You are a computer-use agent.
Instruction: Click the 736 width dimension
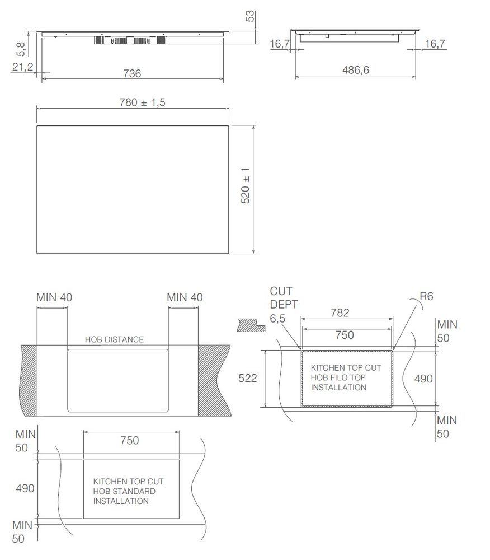[x=132, y=73]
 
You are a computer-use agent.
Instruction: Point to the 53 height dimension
[x=250, y=16]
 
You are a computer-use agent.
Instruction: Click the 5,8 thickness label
[x=21, y=49]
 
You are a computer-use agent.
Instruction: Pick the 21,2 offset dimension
[x=22, y=67]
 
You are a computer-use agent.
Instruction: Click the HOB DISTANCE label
[x=114, y=339]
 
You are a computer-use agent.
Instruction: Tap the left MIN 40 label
[x=54, y=297]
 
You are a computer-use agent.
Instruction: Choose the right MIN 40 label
[x=185, y=297]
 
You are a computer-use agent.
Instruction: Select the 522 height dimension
[x=247, y=378]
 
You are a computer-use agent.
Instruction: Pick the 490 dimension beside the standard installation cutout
[x=25, y=488]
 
